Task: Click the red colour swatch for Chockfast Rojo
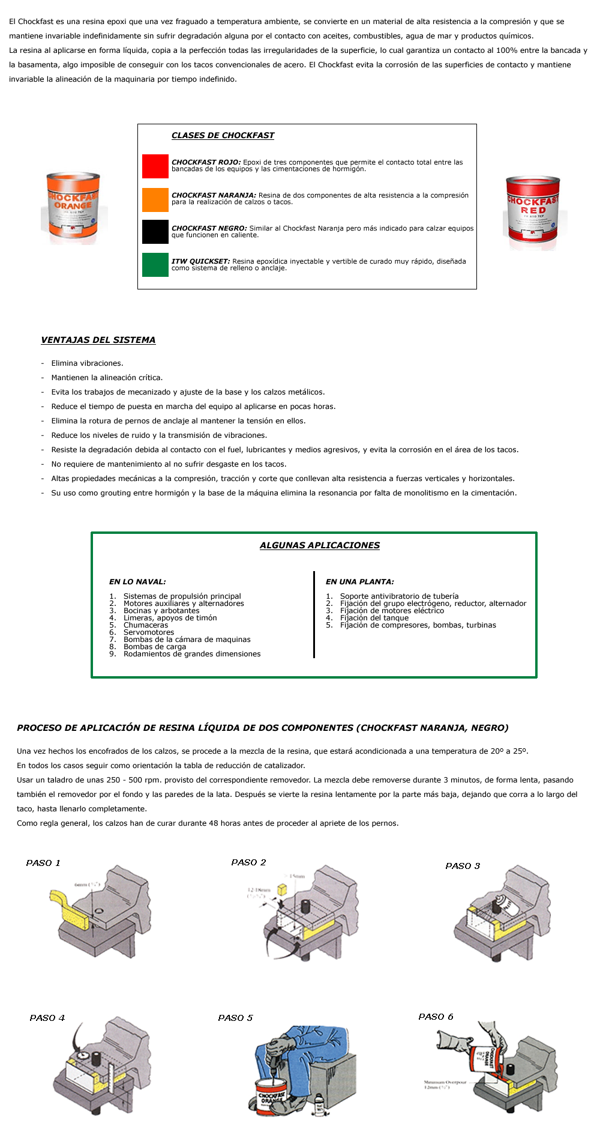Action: coord(155,166)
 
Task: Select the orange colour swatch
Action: coord(155,200)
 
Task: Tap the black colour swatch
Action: coord(155,232)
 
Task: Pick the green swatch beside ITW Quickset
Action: coord(155,265)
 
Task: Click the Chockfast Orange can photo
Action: coord(74,208)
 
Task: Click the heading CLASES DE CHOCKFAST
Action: coord(223,136)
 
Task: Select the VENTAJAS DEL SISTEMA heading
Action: coord(98,340)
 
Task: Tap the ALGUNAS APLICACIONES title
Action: coord(320,545)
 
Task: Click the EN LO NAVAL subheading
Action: coord(137,582)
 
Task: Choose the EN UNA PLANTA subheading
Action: coord(360,582)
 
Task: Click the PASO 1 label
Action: coord(43,863)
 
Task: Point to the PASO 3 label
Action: coord(463,866)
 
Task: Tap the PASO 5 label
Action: coord(236,1018)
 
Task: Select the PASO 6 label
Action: coord(436,1017)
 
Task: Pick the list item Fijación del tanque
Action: coord(374,618)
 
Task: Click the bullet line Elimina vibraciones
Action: coord(87,363)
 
